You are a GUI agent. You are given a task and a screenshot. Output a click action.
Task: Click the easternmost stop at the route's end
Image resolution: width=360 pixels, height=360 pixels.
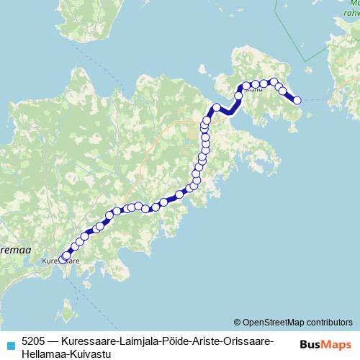(297, 101)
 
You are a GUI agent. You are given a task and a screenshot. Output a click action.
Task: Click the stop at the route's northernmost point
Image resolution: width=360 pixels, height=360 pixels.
(274, 82)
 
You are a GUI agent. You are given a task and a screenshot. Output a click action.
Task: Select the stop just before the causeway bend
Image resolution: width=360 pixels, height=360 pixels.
(216, 108)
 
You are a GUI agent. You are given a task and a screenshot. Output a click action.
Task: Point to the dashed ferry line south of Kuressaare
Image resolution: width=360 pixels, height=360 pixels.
(72, 284)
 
